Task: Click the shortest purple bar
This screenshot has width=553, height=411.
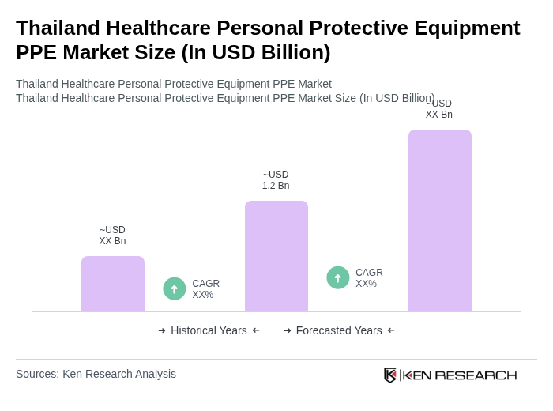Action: pos(113,284)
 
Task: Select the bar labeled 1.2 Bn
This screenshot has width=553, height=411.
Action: pos(276,256)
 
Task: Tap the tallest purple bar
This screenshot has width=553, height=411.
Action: pos(440,221)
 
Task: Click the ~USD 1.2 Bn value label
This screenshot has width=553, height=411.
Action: pos(276,180)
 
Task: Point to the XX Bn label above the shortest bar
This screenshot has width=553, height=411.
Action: pos(112,236)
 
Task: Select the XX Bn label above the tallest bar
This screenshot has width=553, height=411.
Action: pos(439,109)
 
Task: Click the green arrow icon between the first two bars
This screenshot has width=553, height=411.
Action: pos(175,289)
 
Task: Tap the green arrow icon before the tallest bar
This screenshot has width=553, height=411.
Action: pos(338,278)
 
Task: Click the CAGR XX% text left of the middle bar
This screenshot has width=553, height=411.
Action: pos(205,289)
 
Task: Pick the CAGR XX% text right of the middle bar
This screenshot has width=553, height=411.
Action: pos(369,278)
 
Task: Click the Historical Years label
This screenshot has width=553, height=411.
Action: pos(209,330)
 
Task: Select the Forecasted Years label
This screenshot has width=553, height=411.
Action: pos(339,330)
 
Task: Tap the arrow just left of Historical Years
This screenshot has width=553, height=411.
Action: pos(162,330)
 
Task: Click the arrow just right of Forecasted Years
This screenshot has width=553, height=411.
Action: pos(391,330)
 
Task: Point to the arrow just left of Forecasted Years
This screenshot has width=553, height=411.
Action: pos(288,330)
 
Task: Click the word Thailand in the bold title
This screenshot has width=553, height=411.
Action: pos(58,28)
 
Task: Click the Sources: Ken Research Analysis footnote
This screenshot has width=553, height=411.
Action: pos(96,374)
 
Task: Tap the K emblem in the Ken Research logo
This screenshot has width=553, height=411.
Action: pos(390,375)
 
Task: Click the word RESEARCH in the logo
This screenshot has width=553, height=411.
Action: pos(476,375)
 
